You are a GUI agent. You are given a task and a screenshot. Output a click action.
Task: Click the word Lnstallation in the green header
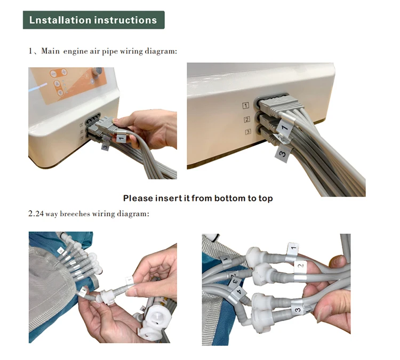click(x=60, y=20)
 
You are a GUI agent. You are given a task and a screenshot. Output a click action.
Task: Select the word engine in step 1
click(x=75, y=52)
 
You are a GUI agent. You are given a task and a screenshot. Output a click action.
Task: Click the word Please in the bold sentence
click(x=138, y=198)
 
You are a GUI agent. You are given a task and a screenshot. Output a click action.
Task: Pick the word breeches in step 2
click(x=75, y=213)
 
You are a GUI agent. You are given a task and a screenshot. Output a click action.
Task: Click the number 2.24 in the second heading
click(x=36, y=213)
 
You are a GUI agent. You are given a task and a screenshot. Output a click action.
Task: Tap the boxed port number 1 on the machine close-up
click(x=246, y=106)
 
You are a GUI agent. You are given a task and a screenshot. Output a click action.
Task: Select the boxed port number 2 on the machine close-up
click(x=247, y=119)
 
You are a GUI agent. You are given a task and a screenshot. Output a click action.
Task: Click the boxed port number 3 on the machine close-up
click(x=248, y=132)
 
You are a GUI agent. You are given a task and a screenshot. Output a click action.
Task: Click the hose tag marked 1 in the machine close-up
click(x=285, y=127)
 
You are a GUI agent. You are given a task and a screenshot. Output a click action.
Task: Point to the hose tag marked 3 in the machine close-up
click(x=282, y=154)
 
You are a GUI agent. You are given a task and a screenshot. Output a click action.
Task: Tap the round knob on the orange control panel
click(x=97, y=71)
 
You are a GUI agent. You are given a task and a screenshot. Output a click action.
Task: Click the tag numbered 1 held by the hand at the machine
click(x=121, y=138)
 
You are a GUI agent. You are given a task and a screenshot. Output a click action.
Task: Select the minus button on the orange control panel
click(x=53, y=74)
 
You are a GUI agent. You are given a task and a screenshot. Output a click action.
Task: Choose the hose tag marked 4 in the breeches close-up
click(x=238, y=292)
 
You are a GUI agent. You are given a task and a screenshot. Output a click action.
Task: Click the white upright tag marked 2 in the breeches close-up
click(x=300, y=266)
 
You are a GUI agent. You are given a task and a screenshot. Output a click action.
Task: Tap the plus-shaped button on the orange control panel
click(x=64, y=72)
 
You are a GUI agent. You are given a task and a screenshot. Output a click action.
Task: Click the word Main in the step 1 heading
click(x=50, y=51)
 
